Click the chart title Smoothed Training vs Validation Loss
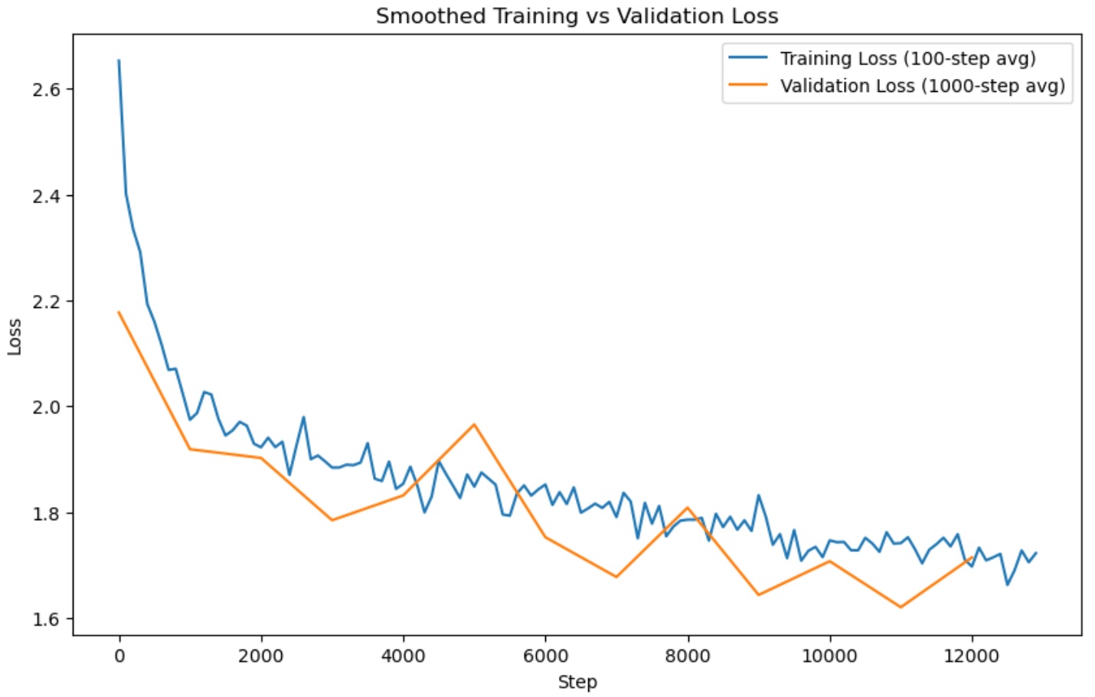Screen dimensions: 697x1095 [x=577, y=16]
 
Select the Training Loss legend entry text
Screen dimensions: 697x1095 [x=907, y=59]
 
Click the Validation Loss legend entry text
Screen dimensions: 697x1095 [x=922, y=86]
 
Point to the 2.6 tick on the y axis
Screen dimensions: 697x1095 [x=46, y=90]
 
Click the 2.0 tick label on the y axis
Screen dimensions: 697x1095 [x=46, y=407]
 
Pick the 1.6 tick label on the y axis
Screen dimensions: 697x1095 [x=46, y=619]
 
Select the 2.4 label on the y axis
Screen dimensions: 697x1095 [x=46, y=196]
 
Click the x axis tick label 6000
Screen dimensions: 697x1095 [x=545, y=656]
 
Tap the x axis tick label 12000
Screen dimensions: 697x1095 [x=972, y=656]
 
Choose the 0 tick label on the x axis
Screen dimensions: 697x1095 [x=119, y=656]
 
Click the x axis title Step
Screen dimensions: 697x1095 [x=577, y=682]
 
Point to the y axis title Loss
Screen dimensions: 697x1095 [x=15, y=337]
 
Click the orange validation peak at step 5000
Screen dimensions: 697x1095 [x=474, y=424]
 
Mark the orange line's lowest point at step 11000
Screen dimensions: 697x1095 [x=901, y=607]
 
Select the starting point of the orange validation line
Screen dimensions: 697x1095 [x=119, y=312]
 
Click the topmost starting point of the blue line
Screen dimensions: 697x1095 [x=119, y=60]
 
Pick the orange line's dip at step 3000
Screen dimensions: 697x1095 [x=332, y=520]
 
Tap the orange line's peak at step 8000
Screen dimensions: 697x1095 [x=688, y=507]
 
